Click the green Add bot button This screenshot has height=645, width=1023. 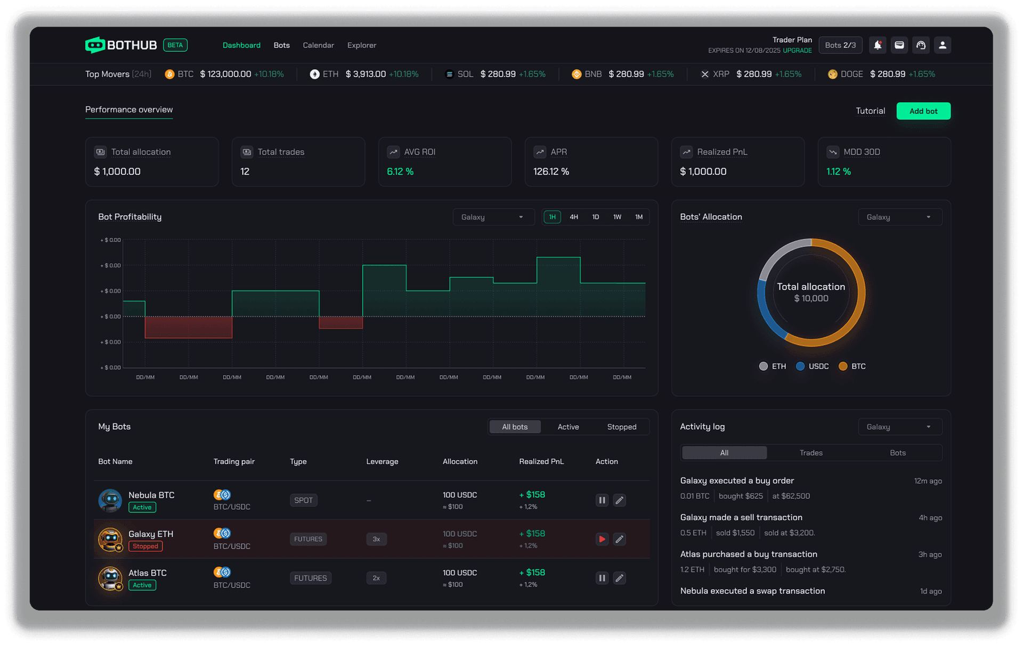tap(923, 111)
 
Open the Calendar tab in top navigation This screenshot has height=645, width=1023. tap(318, 45)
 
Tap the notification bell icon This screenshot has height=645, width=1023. tap(878, 45)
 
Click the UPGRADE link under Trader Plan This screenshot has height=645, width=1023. tap(797, 51)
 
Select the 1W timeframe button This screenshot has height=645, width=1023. tap(617, 217)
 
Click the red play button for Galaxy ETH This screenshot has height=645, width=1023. tap(602, 539)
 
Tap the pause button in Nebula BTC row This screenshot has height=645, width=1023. tap(602, 500)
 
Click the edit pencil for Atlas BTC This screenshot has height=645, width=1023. tap(619, 578)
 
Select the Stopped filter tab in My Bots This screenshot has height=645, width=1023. tap(621, 427)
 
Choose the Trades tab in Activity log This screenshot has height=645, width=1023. tap(810, 453)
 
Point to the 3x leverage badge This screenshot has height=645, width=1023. tap(376, 539)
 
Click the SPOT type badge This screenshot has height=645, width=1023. tap(303, 500)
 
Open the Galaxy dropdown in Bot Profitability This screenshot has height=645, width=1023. tap(493, 217)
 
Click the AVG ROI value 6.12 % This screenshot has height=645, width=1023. tap(400, 172)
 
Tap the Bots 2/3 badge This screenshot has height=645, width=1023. tap(840, 45)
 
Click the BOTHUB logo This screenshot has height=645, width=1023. tap(121, 45)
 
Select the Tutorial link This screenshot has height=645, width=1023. tap(870, 111)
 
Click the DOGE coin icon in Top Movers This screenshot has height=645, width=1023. tap(832, 74)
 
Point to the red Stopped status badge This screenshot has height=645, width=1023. tap(145, 546)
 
